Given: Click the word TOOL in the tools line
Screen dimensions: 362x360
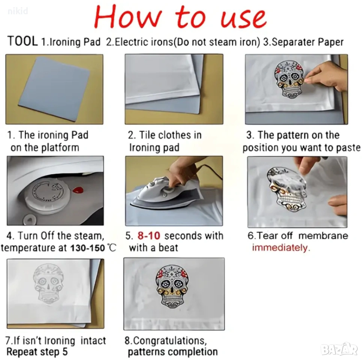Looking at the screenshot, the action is [x=22, y=41].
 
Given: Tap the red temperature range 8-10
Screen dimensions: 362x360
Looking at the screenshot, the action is [x=149, y=235].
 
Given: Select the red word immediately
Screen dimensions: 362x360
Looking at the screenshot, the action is [x=281, y=248].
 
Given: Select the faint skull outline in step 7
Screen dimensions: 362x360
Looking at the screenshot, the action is [x=48, y=284].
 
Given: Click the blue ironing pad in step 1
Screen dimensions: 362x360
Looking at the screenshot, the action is [x=57, y=88].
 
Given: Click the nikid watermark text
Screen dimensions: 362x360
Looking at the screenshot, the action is [x=18, y=11].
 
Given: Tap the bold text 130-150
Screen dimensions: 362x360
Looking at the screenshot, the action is [x=87, y=248].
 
